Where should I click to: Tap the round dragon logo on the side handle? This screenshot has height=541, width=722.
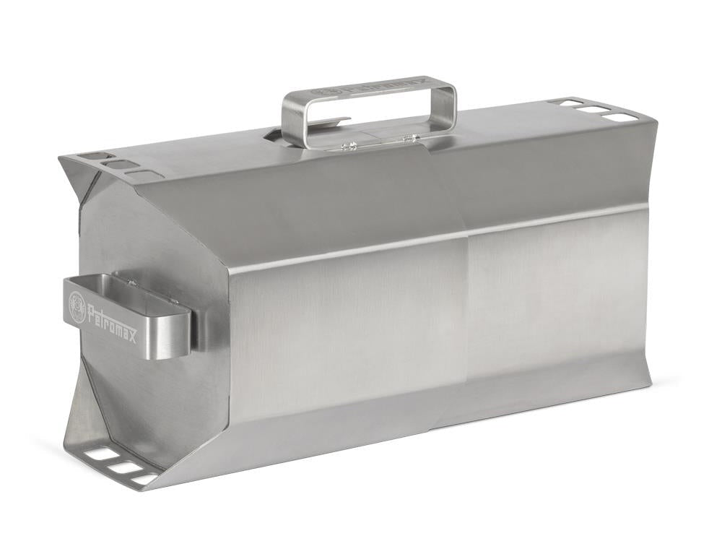[76, 302]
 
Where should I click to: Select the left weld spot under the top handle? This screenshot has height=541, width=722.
[349, 146]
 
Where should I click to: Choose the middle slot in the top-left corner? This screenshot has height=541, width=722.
[118, 165]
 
